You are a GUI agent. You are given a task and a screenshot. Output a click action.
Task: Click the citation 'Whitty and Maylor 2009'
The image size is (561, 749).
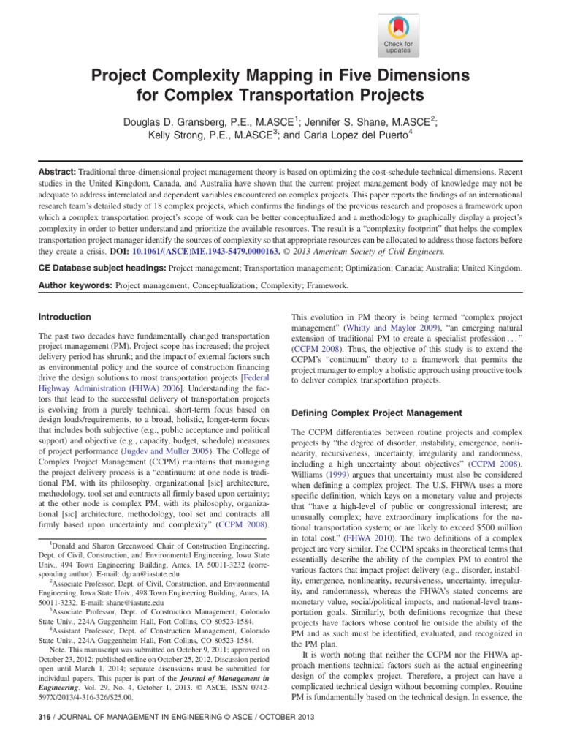coord(396,329)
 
